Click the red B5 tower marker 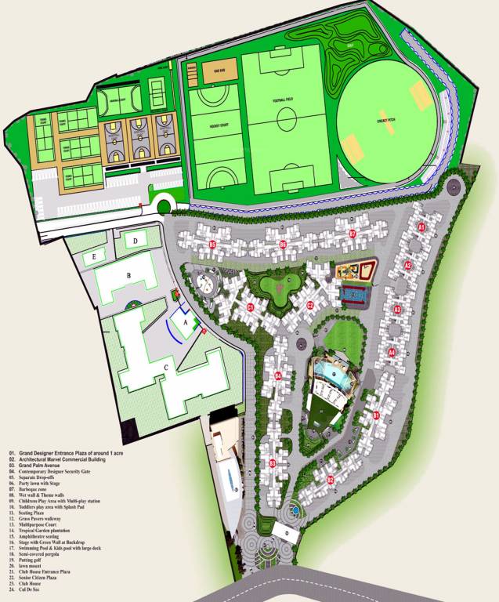[x=212, y=245]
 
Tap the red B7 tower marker [x=353, y=234]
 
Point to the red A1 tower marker [x=421, y=227]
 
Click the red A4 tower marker [x=392, y=353]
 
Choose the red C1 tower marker [x=250, y=307]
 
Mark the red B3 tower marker [x=273, y=464]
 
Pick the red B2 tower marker [x=330, y=480]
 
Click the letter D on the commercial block [x=136, y=240]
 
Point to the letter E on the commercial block [x=94, y=256]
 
